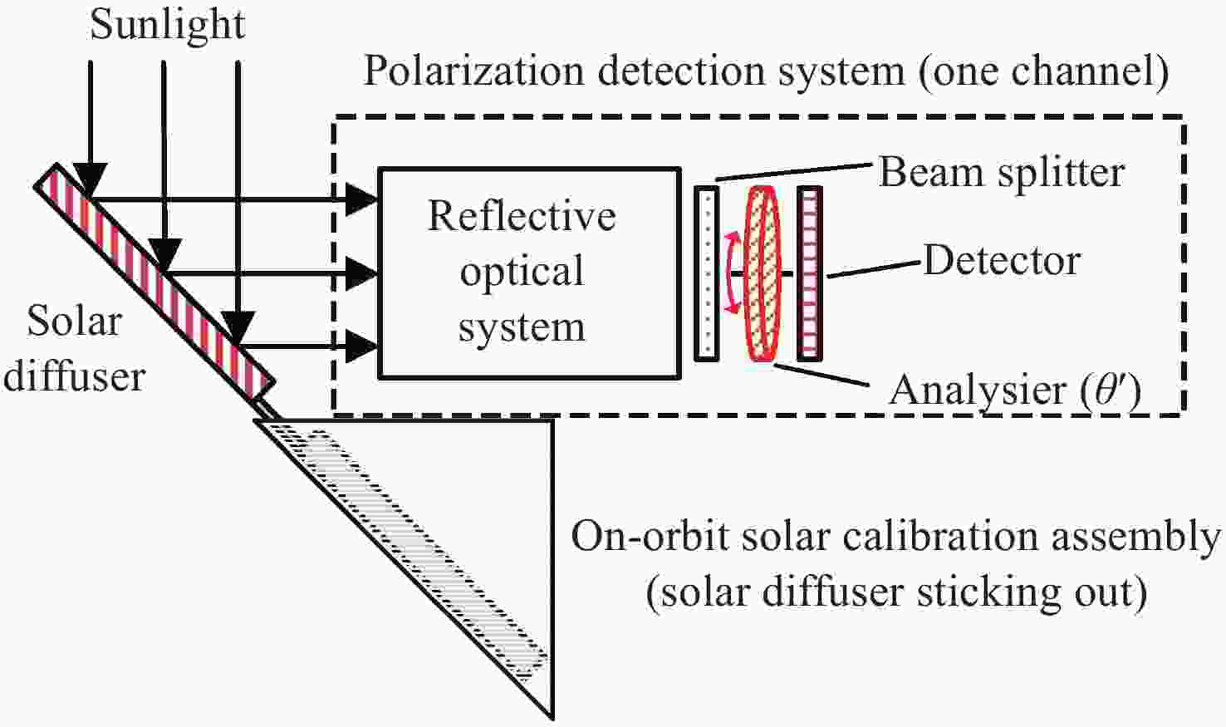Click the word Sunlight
tap(167, 25)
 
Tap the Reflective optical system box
tap(528, 273)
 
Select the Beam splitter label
tap(1001, 173)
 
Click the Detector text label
tap(1001, 261)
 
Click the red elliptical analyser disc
tap(763, 273)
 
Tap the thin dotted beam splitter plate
tap(707, 273)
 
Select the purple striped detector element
tap(810, 273)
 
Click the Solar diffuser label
tap(75, 349)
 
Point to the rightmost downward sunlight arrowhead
tap(238, 328)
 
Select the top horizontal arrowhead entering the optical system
tap(362, 199)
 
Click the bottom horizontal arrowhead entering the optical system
tap(362, 346)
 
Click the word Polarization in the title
tap(473, 71)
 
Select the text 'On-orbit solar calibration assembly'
tap(895, 538)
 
